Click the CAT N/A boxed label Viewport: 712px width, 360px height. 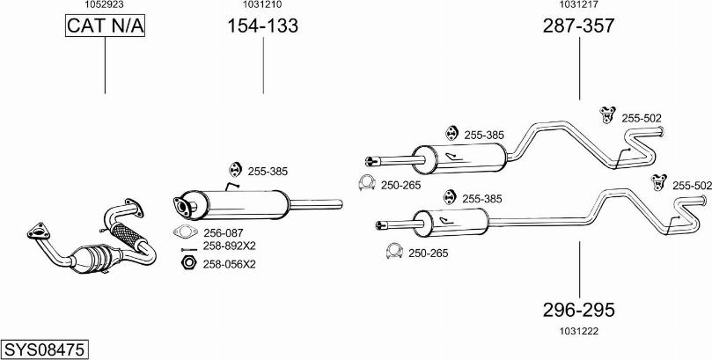[105, 26]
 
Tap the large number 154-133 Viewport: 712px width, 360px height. [263, 26]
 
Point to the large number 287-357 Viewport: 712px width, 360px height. [578, 26]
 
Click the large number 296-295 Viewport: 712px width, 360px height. [578, 310]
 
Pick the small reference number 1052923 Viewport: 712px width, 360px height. [104, 5]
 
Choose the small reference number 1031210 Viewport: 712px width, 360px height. [263, 5]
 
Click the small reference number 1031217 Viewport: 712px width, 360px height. [577, 5]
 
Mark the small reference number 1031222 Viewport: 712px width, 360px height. [577, 330]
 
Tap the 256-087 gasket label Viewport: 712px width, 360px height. [224, 232]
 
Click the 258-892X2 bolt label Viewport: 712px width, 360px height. [229, 246]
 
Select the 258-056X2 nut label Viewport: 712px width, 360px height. [229, 263]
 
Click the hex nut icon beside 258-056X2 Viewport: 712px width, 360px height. [187, 262]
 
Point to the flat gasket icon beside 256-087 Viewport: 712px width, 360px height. [186, 232]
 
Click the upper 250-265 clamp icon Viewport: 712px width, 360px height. [365, 183]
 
